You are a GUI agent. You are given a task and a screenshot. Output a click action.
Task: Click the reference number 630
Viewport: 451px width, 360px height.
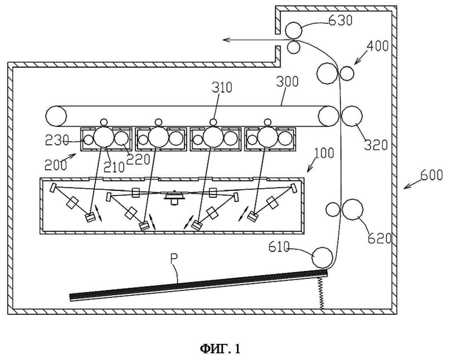(340, 20)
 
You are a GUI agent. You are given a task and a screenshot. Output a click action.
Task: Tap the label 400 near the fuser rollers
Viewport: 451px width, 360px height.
(378, 46)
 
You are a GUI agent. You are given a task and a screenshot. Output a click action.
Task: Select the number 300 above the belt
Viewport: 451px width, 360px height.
(287, 82)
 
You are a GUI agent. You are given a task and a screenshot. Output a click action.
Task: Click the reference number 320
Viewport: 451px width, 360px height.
(376, 145)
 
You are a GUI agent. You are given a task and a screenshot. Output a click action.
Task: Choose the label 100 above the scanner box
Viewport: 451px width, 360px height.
(324, 153)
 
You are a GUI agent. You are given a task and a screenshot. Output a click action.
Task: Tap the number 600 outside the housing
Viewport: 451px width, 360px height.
(432, 175)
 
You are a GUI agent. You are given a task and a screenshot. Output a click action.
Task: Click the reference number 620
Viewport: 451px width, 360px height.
(380, 238)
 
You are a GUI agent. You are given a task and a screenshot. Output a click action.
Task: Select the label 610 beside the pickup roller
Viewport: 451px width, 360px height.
(279, 247)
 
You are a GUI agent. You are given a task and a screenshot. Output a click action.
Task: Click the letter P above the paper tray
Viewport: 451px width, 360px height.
(175, 259)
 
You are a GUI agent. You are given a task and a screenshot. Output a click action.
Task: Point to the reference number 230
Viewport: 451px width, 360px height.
(57, 140)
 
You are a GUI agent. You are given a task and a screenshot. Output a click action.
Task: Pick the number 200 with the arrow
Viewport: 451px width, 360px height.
(56, 165)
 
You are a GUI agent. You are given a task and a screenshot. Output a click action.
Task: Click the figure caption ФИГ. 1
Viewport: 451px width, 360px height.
(220, 349)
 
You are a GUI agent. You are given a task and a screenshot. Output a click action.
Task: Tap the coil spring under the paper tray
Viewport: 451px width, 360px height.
(322, 292)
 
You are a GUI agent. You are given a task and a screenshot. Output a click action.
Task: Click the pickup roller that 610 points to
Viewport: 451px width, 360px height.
(323, 257)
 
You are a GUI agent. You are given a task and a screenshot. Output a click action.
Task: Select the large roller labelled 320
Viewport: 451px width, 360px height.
(352, 116)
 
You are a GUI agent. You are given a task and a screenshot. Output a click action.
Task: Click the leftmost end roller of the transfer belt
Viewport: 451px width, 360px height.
(56, 116)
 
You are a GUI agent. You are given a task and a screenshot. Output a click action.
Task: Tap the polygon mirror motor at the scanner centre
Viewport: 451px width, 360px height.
(174, 197)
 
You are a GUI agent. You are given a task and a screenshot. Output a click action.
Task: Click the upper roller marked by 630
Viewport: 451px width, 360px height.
(294, 30)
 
